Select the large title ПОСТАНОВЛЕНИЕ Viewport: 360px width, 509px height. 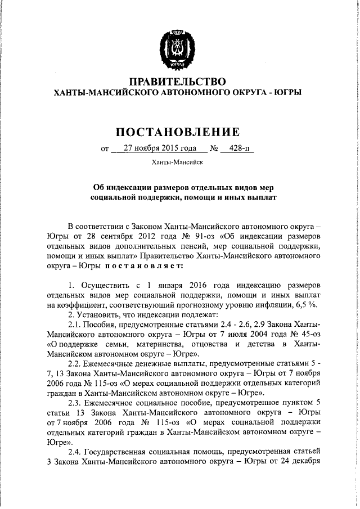pyautogui.click(x=178, y=132)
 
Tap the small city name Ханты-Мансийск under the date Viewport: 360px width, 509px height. pyautogui.click(x=178, y=163)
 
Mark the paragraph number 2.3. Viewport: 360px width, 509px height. pyautogui.click(x=76, y=406)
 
